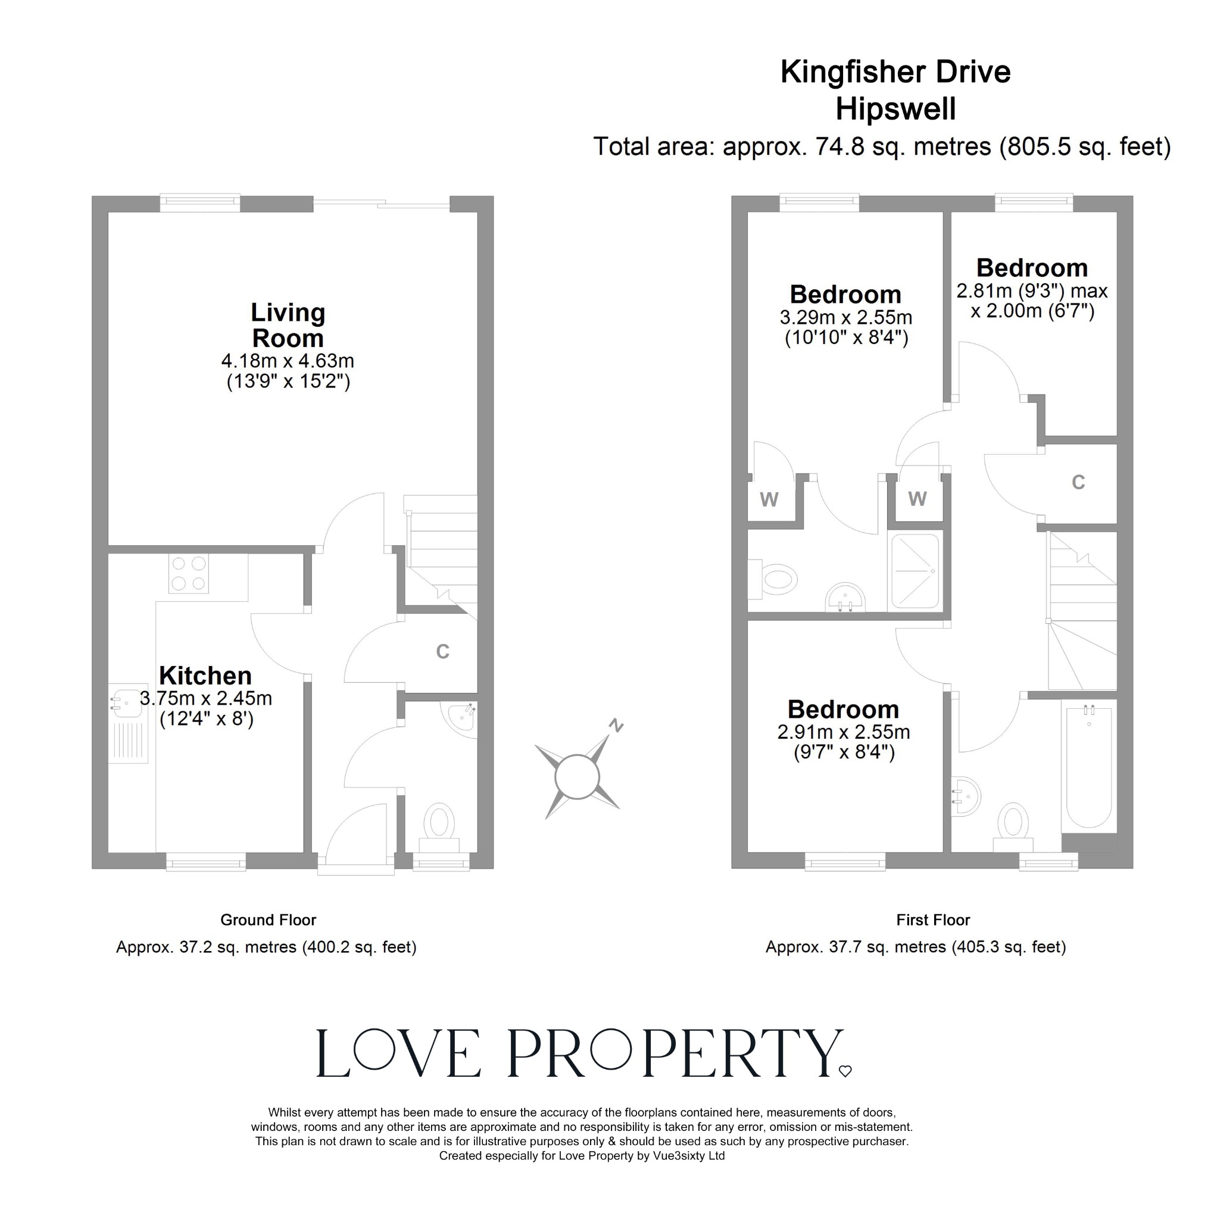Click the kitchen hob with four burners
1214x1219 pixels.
tap(189, 574)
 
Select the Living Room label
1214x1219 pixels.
tap(288, 325)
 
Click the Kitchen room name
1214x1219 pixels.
tap(205, 676)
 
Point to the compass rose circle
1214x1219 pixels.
tap(577, 777)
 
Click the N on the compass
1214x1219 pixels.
tap(616, 726)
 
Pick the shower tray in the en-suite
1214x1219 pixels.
tap(915, 571)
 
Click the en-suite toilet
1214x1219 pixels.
tap(775, 579)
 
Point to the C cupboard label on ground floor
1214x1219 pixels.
tap(443, 652)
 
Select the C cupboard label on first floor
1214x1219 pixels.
tap(1078, 483)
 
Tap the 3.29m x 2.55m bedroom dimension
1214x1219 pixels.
tap(845, 317)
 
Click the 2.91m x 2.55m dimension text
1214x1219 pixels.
tap(844, 733)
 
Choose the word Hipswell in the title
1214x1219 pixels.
tap(895, 109)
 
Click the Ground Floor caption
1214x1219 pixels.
tap(268, 921)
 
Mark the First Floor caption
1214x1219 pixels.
tap(933, 921)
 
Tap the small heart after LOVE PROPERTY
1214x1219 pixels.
tap(845, 1071)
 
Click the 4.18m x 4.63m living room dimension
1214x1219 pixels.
tap(288, 361)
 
